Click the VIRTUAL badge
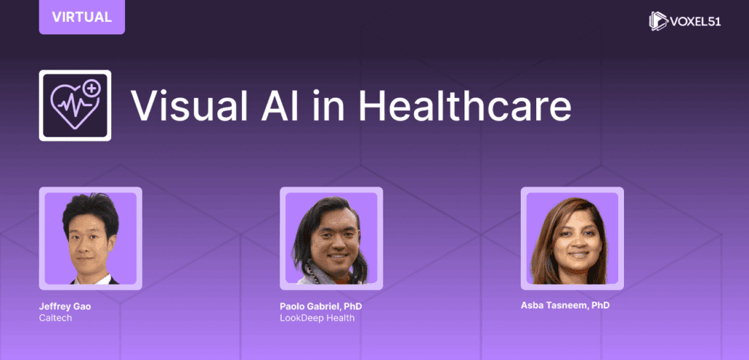coord(82,17)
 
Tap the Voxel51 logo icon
coord(658,21)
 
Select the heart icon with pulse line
coord(75,105)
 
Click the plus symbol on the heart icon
coord(91,89)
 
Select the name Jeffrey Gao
coord(65,307)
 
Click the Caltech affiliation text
coord(56,318)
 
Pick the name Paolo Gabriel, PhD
coord(321,307)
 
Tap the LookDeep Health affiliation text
coord(317,318)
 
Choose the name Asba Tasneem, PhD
coord(565,305)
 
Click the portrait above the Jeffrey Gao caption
coord(91,239)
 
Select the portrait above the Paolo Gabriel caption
coord(331,239)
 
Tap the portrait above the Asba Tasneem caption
coord(572,239)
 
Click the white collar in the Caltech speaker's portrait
coord(96,280)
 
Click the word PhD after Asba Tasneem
coord(601,305)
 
